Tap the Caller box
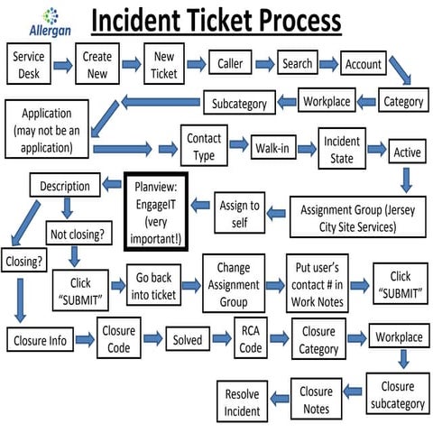[x=229, y=64]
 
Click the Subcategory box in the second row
[x=239, y=103]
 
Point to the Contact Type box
[x=203, y=147]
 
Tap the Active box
[x=406, y=152]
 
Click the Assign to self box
[x=239, y=213]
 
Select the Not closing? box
[x=77, y=236]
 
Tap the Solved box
[x=188, y=340]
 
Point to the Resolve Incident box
[x=241, y=401]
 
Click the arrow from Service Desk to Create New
[x=62, y=65]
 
